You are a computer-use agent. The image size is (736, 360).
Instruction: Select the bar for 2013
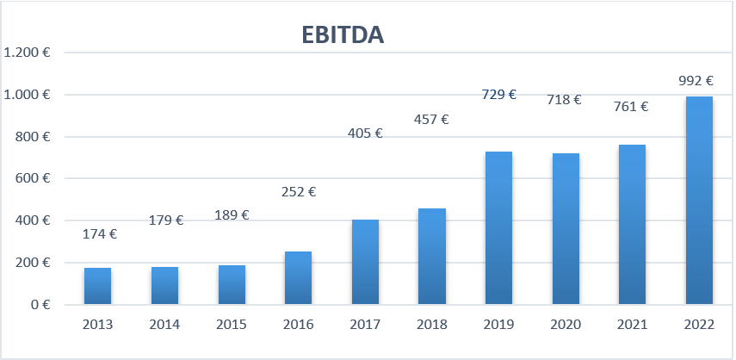coord(97,286)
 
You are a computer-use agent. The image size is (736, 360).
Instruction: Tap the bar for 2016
coord(298,277)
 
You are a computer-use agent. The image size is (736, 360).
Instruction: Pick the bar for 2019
coord(498,228)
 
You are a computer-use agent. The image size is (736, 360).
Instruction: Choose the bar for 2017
coord(365,262)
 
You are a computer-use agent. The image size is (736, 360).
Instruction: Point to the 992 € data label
coord(696,81)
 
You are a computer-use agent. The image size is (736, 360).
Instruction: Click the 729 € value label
coord(498,95)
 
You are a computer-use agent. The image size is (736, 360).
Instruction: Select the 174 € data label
coord(100,233)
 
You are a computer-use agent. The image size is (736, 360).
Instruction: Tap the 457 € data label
coord(432,120)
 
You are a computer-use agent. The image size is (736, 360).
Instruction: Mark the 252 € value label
coord(299,191)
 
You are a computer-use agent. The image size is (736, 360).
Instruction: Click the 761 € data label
coord(631,107)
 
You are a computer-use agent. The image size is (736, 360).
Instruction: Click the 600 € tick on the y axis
coord(31,178)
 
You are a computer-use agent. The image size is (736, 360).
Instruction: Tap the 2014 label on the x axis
coord(164,326)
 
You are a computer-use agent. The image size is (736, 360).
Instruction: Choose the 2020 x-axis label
coord(566,326)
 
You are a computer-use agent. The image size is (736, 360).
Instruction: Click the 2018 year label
coord(432,326)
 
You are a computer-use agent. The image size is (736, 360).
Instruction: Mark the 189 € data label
coord(232,214)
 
